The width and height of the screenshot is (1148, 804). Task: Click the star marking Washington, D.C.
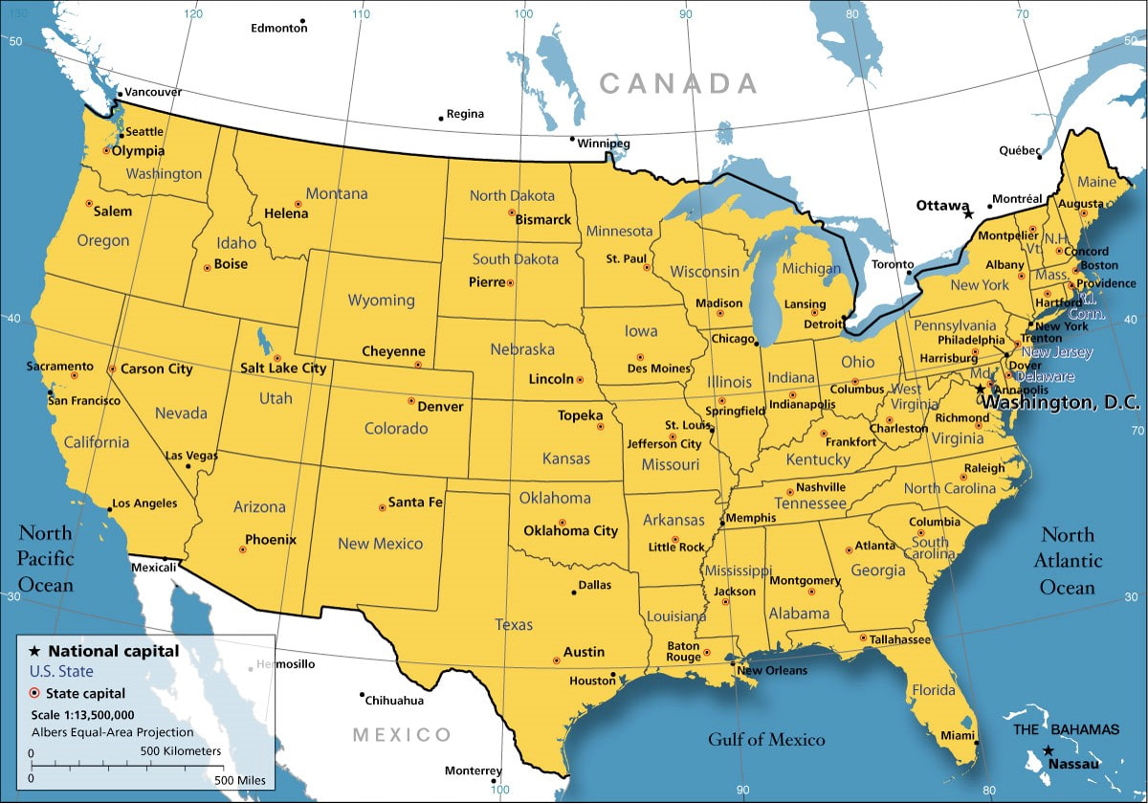coord(981,389)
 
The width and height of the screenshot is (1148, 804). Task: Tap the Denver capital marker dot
coord(411,401)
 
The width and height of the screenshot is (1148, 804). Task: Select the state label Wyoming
coord(381,300)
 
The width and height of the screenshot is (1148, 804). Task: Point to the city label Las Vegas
coord(190,456)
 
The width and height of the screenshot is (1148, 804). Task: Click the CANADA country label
coord(678,84)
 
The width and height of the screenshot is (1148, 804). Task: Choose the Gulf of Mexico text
coord(765,739)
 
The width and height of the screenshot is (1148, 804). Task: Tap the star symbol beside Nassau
coord(1049,750)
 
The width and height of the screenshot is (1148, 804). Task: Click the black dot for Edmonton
coord(302,20)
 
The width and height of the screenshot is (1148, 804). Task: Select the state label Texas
coord(514,624)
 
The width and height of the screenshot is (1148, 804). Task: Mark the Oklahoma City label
coord(570,530)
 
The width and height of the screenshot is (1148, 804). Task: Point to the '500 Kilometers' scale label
coord(181,751)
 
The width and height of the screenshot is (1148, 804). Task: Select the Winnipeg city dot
coord(573,140)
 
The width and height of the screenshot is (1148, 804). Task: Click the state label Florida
coord(933,690)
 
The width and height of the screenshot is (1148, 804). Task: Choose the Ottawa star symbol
coord(968,214)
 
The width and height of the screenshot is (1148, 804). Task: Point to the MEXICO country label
coord(402,735)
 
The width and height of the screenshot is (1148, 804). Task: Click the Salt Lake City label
coord(283,368)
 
